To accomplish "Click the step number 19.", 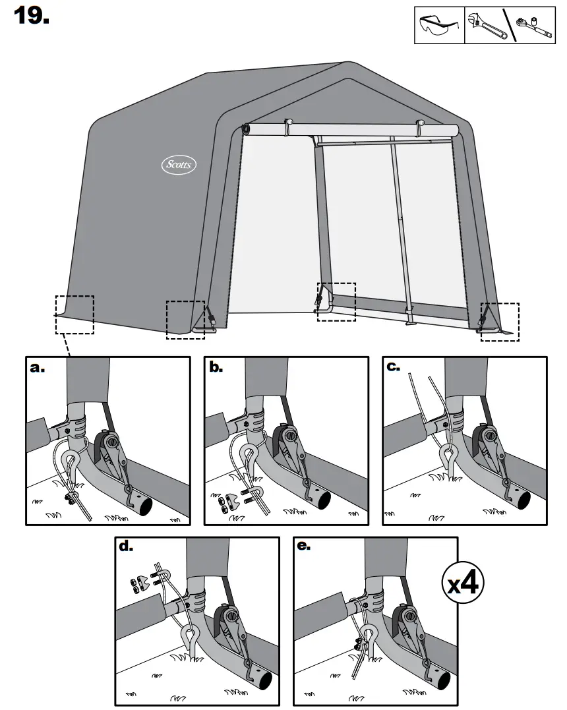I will pos(32,16).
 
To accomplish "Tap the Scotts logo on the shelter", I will pos(179,164).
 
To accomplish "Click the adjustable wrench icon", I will pos(483,26).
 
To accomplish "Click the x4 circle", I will pos(462,583).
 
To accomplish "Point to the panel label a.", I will pos(39,368).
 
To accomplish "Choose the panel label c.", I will pos(394,368).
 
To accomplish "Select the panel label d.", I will pos(126,547).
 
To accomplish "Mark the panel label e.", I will pos(305,547).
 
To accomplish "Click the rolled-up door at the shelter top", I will pos(349,129).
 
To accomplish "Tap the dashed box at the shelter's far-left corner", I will pos(75,314).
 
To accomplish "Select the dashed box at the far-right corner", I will pos(499,322).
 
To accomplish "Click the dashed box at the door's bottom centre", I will pos(336,302).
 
